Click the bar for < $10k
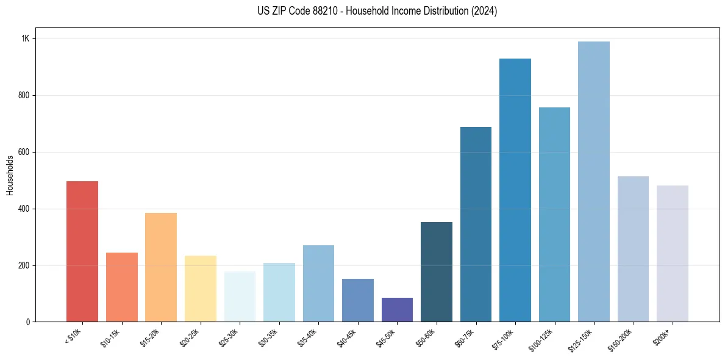[x=82, y=251]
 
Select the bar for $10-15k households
[x=121, y=287]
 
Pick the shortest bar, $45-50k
[x=397, y=310]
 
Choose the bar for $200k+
[x=673, y=254]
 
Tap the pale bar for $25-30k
[x=240, y=297]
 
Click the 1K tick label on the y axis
[x=25, y=38]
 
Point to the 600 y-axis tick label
[x=24, y=152]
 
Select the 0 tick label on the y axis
[x=27, y=322]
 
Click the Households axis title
[x=10, y=175]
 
